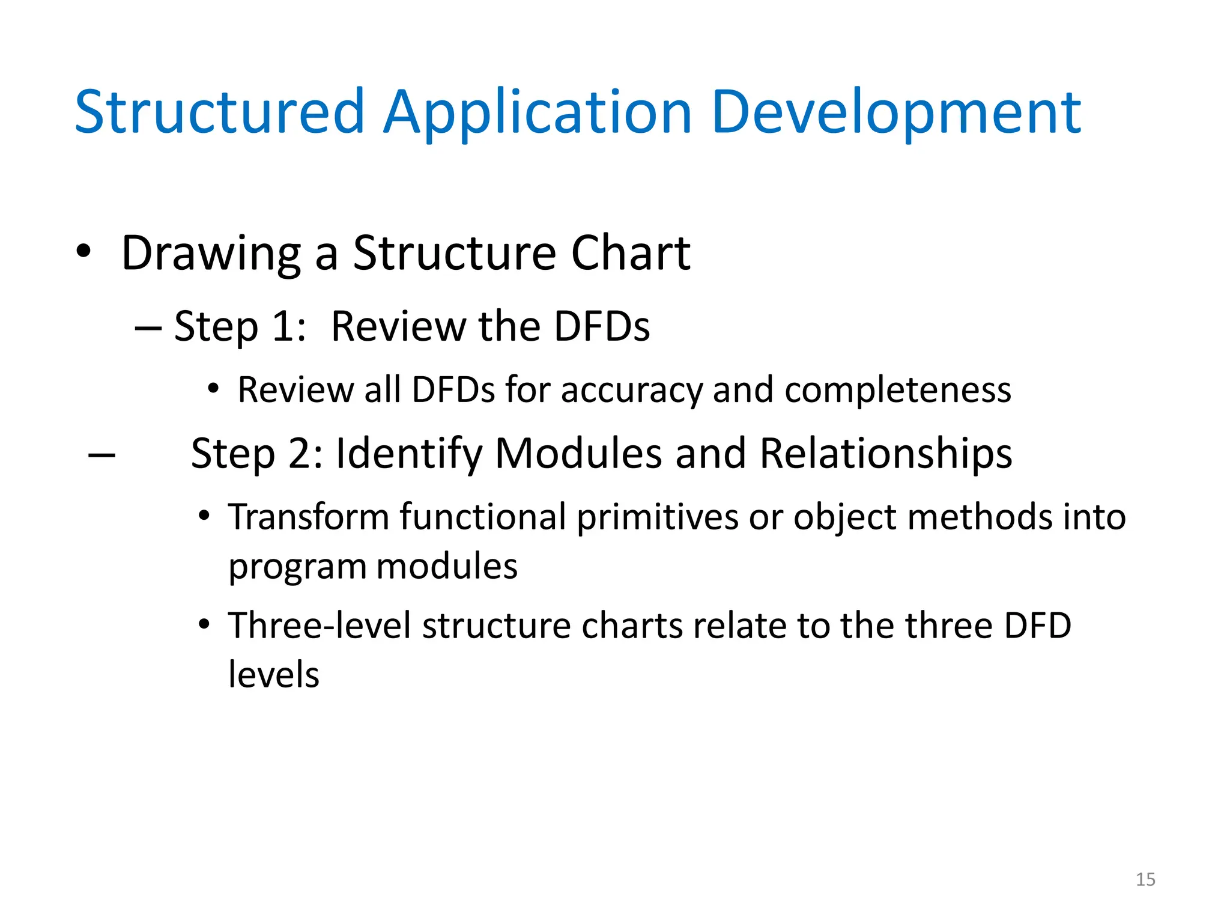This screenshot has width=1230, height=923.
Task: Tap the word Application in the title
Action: (538, 113)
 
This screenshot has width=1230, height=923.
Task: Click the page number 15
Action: (1145, 879)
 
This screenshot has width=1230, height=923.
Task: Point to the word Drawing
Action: (211, 254)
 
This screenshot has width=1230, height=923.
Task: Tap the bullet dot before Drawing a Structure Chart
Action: (83, 251)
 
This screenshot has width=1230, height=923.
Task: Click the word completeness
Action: (898, 391)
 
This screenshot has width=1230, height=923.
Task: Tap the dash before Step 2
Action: (101, 455)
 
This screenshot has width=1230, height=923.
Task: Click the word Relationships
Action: (886, 454)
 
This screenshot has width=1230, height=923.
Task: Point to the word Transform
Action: (309, 517)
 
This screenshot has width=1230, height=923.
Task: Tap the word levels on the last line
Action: (274, 674)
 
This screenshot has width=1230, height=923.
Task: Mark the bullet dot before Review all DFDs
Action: (213, 389)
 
